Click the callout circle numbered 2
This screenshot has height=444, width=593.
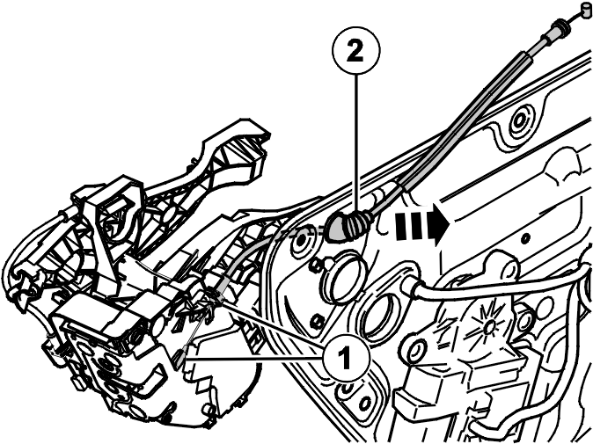[x=355, y=51]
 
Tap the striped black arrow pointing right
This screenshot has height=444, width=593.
[x=422, y=224]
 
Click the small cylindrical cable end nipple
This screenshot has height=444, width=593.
[x=587, y=10]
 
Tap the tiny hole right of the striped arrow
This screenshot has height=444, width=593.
[x=524, y=238]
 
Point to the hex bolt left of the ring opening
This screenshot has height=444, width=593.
[x=315, y=266]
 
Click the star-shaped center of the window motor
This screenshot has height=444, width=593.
[x=489, y=325]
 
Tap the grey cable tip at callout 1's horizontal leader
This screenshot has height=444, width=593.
[x=179, y=357]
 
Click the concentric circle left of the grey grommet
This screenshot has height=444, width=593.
[x=303, y=239]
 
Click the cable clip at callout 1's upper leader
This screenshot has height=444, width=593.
[x=215, y=289]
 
